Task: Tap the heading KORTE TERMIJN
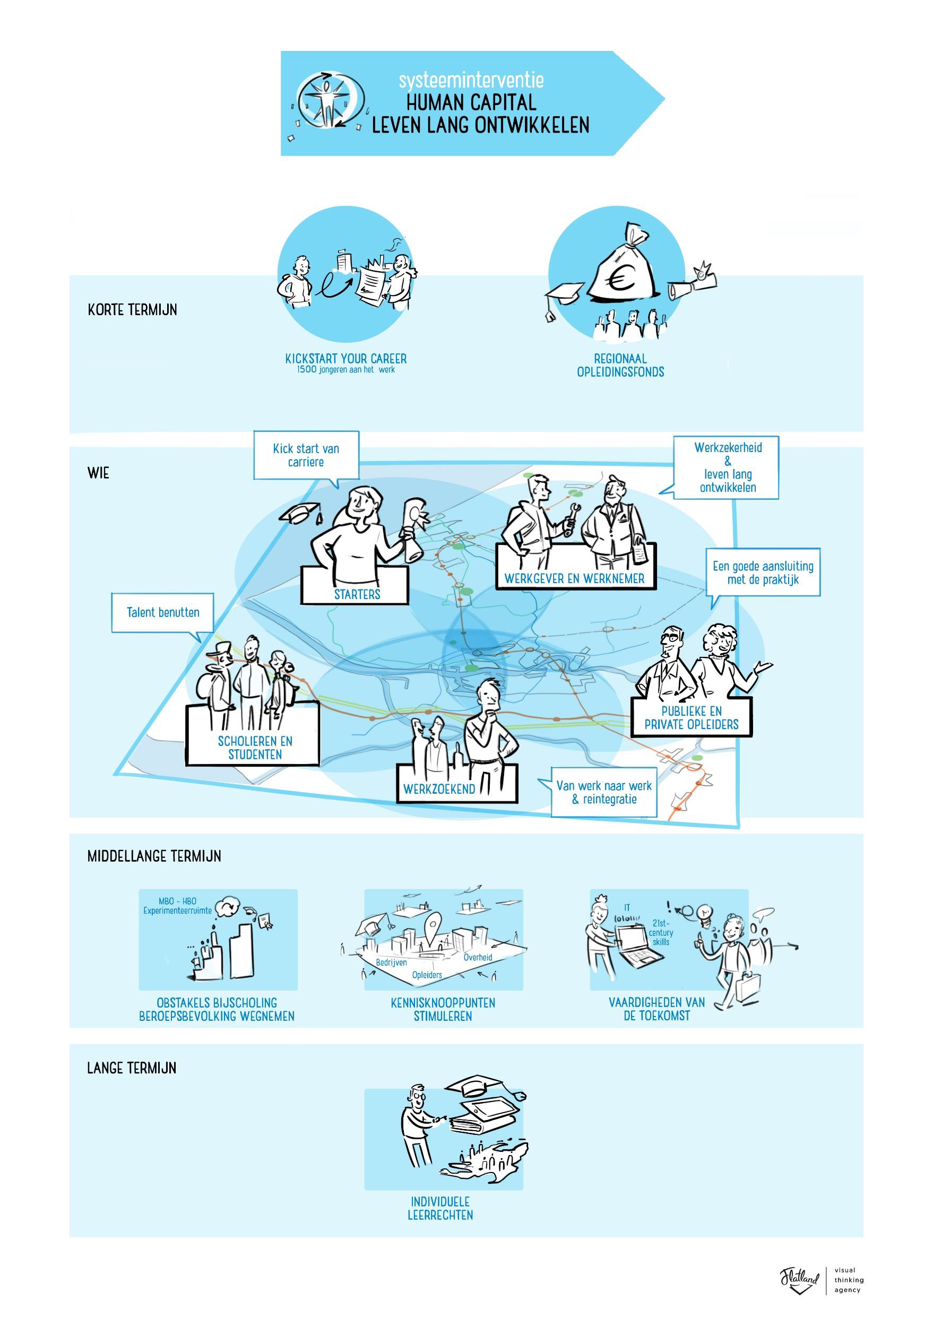132,310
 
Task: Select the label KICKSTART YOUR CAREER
346,359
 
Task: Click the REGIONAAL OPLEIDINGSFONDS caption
620,366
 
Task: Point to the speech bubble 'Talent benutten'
162,613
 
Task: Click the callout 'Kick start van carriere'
306,455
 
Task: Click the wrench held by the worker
573,519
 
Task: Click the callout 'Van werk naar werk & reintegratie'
604,792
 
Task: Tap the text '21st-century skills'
661,933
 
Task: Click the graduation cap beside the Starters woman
303,513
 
